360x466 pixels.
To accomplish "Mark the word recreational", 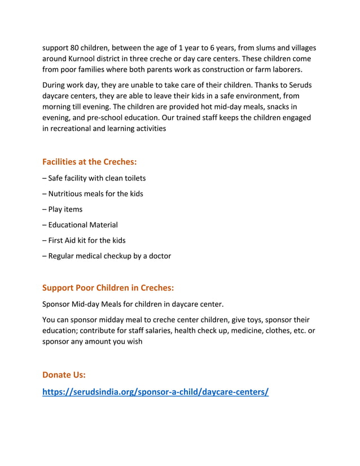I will [74, 129].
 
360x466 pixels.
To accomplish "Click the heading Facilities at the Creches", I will [90, 162].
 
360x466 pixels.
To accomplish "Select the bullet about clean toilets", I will [94, 178].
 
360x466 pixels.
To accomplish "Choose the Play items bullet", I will [62, 209].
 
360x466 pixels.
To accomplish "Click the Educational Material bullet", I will [80, 225].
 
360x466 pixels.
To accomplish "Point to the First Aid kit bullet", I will [84, 240].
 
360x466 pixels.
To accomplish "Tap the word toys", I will [256, 319].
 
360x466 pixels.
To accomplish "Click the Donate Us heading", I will [64, 375].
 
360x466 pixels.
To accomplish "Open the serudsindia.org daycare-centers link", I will [156, 392].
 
